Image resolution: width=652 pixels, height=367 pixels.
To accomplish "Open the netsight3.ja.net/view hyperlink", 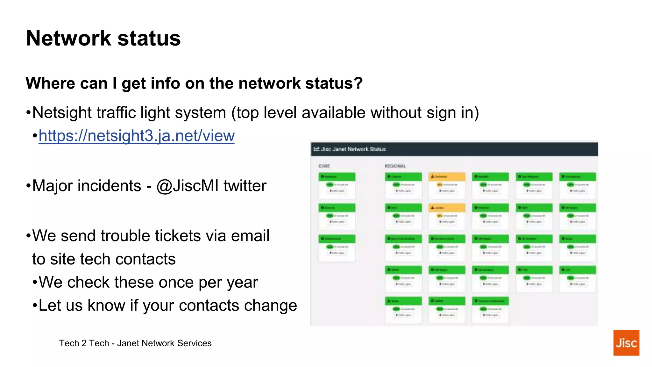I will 137,136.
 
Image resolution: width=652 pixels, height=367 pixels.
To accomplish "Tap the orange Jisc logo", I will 626,342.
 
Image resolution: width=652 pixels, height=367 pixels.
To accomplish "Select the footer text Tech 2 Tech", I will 84,343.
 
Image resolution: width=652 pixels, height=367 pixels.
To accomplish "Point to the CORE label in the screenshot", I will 324,166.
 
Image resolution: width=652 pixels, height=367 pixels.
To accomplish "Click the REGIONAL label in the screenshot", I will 395,166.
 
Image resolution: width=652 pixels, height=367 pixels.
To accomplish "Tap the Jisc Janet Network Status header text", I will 353,149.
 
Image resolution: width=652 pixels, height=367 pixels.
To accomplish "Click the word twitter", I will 245,186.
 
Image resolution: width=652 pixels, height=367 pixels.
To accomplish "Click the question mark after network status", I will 358,83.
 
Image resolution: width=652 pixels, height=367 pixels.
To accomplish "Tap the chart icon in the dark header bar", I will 316,149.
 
